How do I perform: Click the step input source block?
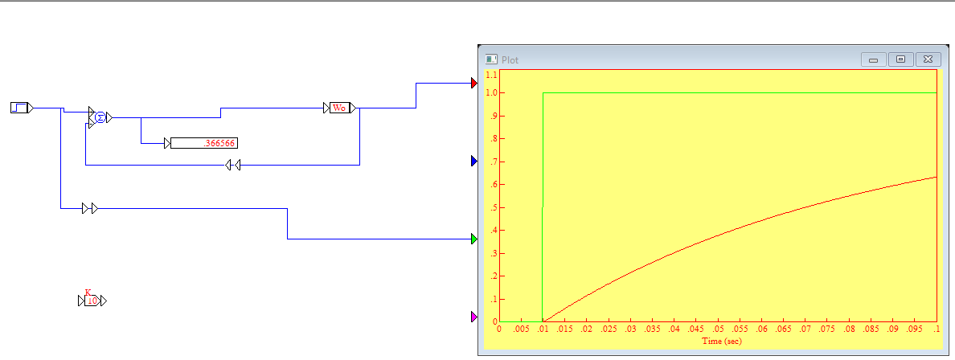point(19,108)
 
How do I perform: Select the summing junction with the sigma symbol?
point(100,117)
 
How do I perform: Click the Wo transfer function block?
point(339,108)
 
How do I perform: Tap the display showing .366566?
point(204,143)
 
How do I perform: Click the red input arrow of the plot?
point(474,83)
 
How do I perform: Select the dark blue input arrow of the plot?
point(474,161)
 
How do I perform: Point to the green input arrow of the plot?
point(474,239)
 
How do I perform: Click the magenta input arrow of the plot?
point(474,317)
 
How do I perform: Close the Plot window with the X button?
point(928,59)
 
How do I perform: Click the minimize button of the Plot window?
point(873,59)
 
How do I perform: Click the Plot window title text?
point(510,59)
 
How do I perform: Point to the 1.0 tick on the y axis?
point(491,92)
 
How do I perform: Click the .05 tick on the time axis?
point(718,329)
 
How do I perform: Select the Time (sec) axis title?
point(722,342)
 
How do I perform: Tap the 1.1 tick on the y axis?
point(491,74)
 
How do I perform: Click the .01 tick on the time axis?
point(543,329)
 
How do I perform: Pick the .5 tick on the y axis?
point(493,207)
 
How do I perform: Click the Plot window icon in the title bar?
point(491,59)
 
